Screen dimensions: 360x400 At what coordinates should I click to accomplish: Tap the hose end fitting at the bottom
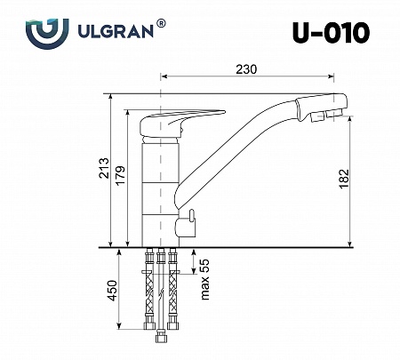[162, 336]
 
